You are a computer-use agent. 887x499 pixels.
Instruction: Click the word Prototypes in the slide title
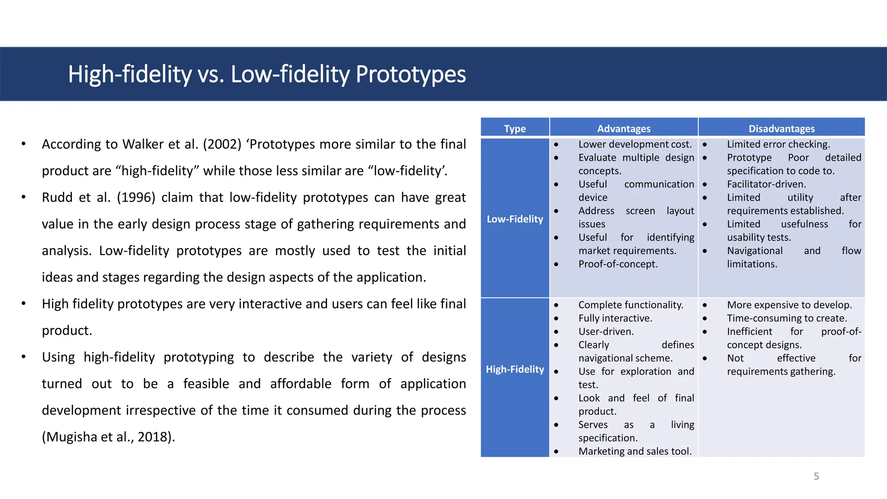(410, 75)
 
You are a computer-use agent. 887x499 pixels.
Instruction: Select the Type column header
(515, 129)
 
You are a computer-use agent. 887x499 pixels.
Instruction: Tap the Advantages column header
(623, 129)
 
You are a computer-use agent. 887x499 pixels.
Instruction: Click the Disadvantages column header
(781, 129)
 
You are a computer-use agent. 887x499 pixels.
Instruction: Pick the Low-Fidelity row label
(515, 219)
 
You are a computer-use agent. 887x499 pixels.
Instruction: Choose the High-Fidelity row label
(515, 369)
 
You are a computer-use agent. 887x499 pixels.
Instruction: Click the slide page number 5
(816, 476)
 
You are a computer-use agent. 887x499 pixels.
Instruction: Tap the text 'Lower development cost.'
(635, 144)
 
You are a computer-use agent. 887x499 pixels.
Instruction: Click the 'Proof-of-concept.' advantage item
(618, 264)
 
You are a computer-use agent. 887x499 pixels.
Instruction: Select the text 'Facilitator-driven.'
(766, 184)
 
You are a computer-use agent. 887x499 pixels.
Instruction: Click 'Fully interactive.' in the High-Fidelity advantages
(615, 318)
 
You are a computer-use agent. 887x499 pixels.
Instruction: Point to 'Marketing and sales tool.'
(635, 451)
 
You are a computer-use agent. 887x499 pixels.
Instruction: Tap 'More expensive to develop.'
(789, 305)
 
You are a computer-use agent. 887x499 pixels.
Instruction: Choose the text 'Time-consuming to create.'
(787, 318)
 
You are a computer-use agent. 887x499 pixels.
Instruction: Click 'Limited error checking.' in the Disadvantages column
(778, 144)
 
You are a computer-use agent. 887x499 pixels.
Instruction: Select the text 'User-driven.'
(606, 332)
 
